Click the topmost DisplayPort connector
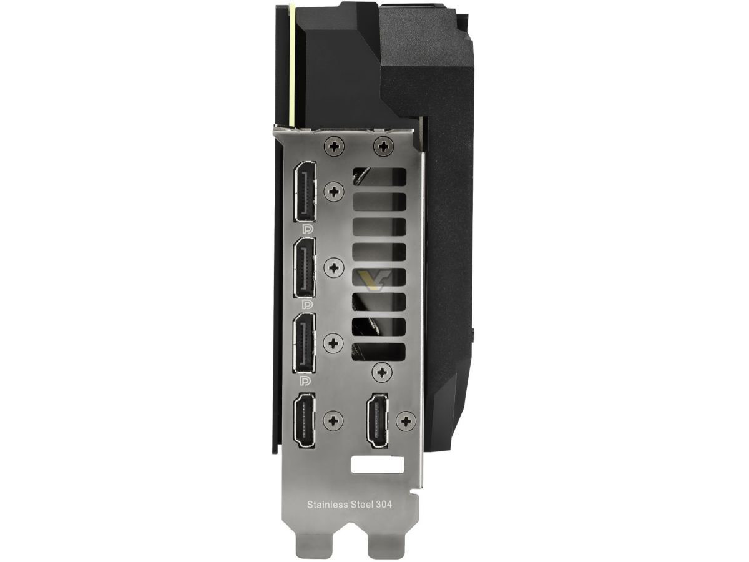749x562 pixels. click(305, 192)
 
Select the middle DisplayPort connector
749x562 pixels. click(305, 268)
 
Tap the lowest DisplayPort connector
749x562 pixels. click(305, 343)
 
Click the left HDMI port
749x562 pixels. click(305, 420)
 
